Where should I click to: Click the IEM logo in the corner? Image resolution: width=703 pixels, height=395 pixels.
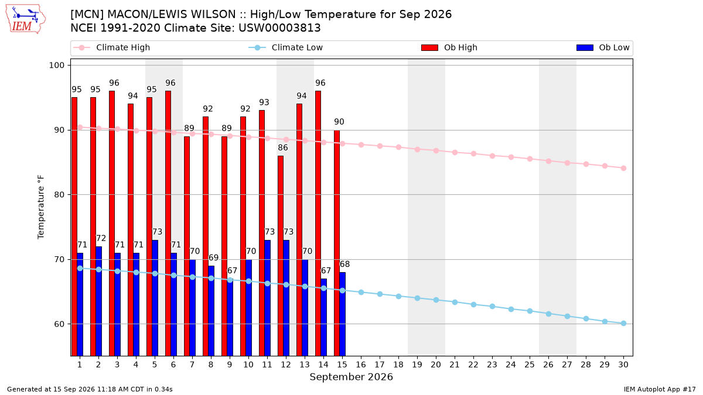coord(26,19)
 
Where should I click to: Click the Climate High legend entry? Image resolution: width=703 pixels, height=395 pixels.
coord(111,47)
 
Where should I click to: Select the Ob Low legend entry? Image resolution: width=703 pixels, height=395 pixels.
coord(603,47)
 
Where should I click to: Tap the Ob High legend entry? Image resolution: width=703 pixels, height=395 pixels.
coord(449,47)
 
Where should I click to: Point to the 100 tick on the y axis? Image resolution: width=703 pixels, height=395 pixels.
coord(56,65)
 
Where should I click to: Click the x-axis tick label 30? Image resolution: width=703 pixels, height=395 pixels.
coord(623,365)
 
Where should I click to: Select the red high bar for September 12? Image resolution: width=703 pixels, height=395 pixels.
coord(281,256)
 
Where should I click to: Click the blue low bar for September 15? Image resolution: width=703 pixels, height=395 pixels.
coord(342,314)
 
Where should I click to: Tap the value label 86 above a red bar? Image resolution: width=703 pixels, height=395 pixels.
coord(283,147)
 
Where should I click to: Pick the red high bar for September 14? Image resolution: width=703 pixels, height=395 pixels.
coord(318,224)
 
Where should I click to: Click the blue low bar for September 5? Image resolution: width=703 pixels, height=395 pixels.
coord(155,298)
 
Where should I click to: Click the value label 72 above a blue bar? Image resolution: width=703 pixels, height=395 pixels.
coord(101,238)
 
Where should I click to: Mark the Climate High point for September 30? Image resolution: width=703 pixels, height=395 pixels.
coord(623,169)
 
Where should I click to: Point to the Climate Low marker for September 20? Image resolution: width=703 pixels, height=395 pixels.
coord(436,300)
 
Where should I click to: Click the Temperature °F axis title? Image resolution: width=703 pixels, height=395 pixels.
coord(41,207)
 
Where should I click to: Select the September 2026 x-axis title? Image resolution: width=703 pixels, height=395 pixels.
coord(351,377)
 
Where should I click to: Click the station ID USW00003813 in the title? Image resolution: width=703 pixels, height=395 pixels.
coord(279,28)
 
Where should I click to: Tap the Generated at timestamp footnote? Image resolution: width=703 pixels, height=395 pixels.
coord(90,389)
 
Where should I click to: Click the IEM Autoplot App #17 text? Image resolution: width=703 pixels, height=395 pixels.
coord(660,389)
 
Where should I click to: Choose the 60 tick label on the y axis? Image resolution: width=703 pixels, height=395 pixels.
coord(59,324)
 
